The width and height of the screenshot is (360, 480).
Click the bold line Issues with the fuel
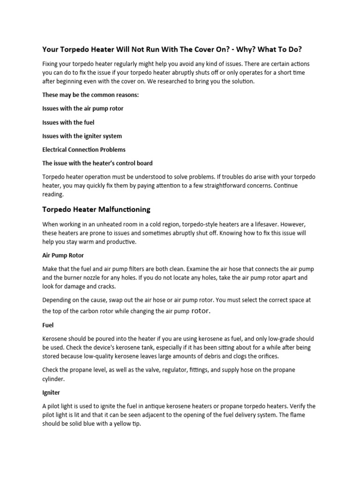[x=68, y=122]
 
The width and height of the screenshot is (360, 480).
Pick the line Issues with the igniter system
[x=82, y=136]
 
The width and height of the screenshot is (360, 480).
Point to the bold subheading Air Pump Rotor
[x=63, y=255]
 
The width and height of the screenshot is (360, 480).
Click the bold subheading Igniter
[x=51, y=392]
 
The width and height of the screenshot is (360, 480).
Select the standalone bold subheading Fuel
[x=48, y=324]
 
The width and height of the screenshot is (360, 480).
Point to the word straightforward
[x=220, y=186]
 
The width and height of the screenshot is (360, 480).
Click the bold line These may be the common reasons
[x=90, y=95]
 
